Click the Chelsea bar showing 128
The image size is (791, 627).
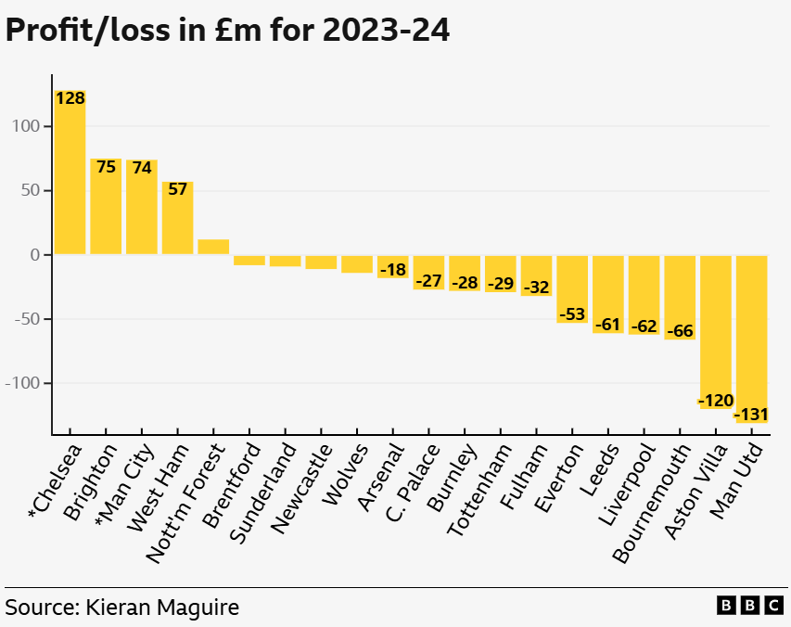pyautogui.click(x=70, y=176)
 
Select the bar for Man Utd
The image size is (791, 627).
pyautogui.click(x=751, y=334)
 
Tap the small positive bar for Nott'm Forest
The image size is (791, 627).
pyautogui.click(x=213, y=247)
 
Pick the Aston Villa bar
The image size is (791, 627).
pyautogui.click(x=715, y=325)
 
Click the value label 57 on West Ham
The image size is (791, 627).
pyautogui.click(x=177, y=189)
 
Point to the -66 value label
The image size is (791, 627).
pyautogui.click(x=680, y=331)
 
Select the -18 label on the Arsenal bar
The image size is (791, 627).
pyautogui.click(x=392, y=270)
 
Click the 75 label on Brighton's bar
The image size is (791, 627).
pyautogui.click(x=106, y=167)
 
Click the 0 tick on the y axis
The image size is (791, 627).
pyautogui.click(x=33, y=255)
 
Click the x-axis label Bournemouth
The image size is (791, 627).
pyautogui.click(x=654, y=502)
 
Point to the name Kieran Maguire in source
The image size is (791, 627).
pyautogui.click(x=162, y=608)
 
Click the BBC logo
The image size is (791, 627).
pyautogui.click(x=750, y=606)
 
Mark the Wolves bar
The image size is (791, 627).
pyautogui.click(x=356, y=263)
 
